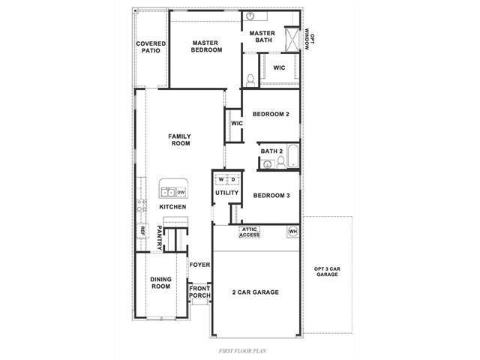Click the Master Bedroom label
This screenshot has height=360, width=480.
click(205, 46)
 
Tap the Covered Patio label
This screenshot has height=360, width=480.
click(151, 47)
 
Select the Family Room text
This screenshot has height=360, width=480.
click(180, 139)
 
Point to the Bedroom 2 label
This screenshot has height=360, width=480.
click(271, 115)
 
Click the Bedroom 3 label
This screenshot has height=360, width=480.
click(271, 196)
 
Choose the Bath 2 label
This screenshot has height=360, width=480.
click(271, 151)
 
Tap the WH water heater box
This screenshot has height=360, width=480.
click(292, 232)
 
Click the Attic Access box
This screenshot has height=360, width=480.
click(249, 232)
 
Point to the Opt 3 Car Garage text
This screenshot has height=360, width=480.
click(326, 272)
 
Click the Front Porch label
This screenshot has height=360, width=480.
click(199, 292)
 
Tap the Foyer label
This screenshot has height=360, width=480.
click(199, 265)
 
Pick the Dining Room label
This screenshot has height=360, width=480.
click(161, 283)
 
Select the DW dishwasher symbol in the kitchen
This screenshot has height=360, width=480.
click(181, 193)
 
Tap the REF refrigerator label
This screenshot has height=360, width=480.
click(140, 232)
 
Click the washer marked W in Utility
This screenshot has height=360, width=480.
click(221, 180)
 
